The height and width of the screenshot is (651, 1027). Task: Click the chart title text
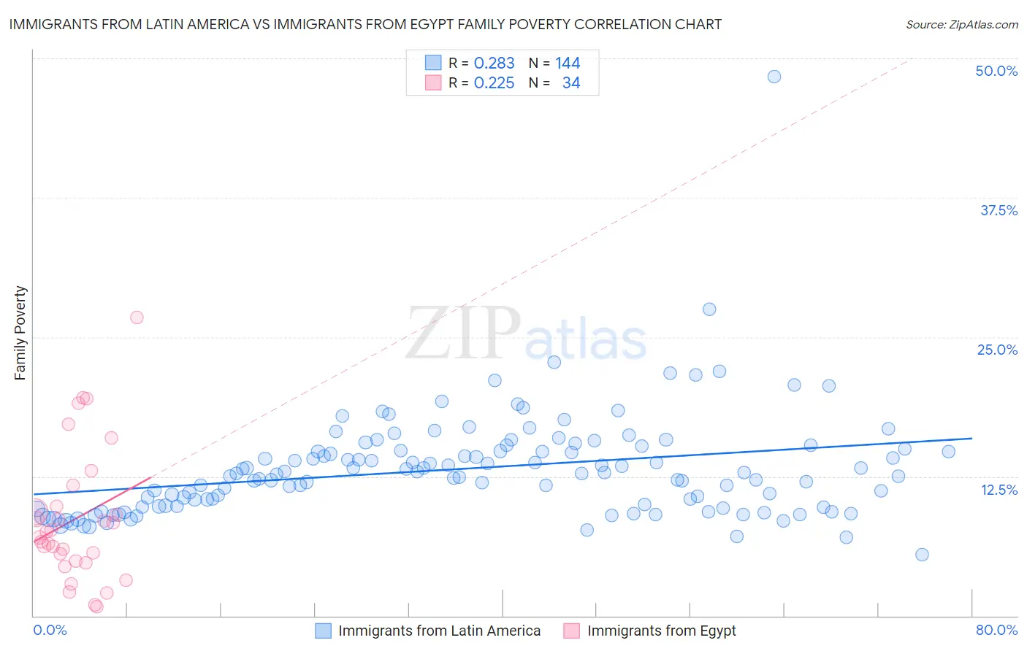(365, 24)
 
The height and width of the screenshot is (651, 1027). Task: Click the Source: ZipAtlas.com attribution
(961, 24)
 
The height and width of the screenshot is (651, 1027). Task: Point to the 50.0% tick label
(996, 71)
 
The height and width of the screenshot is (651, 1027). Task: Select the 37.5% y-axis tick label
(999, 210)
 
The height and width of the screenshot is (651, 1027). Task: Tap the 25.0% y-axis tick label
(997, 350)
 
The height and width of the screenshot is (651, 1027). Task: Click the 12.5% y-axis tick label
(999, 489)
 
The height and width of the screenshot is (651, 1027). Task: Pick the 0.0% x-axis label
(50, 630)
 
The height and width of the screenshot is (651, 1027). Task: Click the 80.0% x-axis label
(996, 630)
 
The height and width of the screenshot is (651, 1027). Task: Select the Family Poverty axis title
(20, 333)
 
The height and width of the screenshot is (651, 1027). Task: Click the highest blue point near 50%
(774, 77)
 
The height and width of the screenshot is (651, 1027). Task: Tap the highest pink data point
(137, 317)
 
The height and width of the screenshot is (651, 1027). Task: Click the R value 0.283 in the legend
(494, 63)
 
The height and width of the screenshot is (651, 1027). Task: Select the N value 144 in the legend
(568, 63)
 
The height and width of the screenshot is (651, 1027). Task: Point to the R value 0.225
(494, 83)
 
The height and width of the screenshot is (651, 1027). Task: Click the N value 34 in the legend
(571, 83)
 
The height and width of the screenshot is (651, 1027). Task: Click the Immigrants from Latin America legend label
(439, 631)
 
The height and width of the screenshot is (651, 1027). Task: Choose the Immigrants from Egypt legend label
(661, 631)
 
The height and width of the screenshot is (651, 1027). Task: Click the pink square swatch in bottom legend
(572, 631)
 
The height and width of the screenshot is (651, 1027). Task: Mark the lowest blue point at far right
(922, 555)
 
